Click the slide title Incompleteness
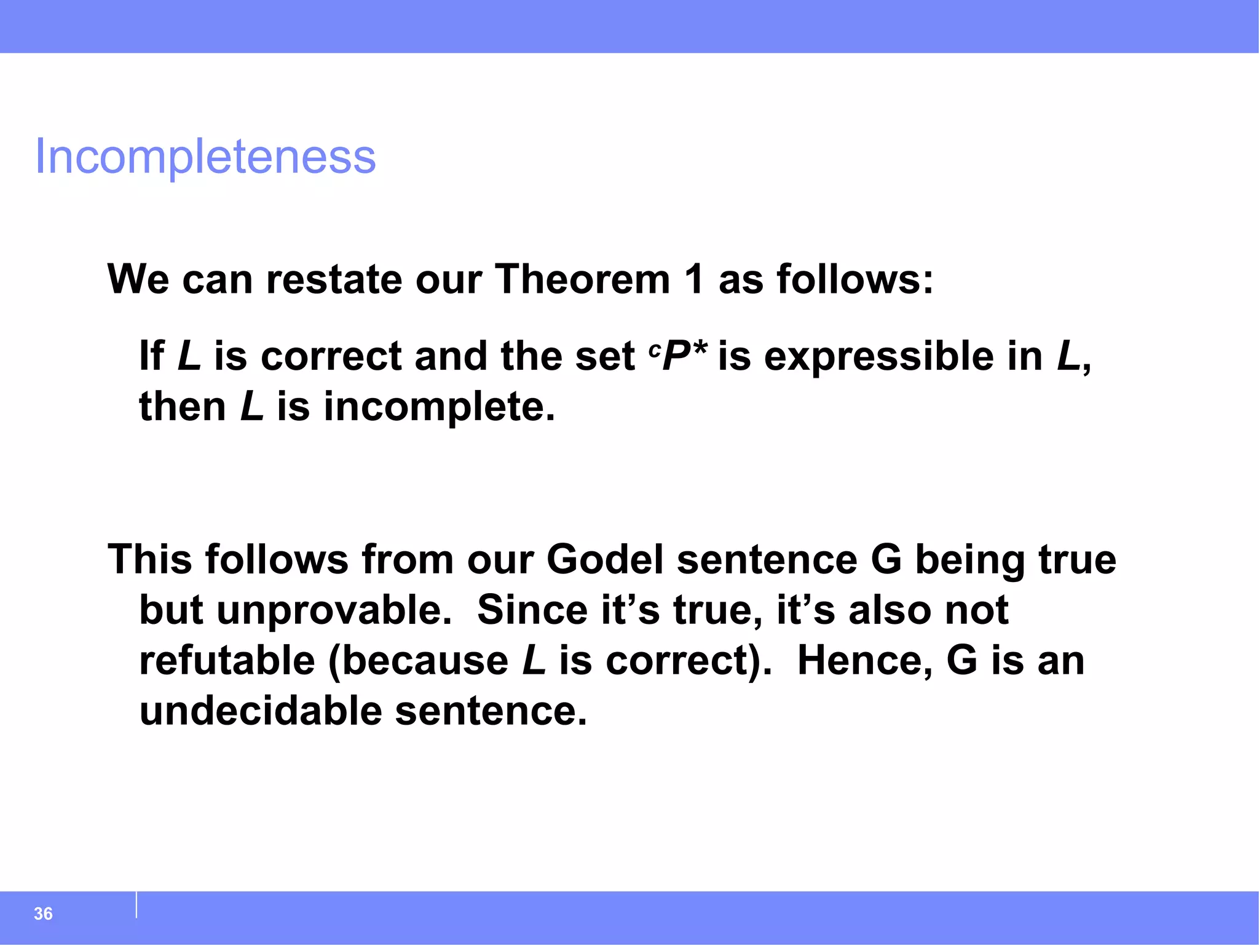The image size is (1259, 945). [x=205, y=157]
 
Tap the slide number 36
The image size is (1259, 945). [x=43, y=914]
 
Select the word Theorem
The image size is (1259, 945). [x=582, y=280]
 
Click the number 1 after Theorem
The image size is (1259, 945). [x=694, y=280]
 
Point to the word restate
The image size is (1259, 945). [x=334, y=280]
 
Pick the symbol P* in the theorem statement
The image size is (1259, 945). [x=684, y=356]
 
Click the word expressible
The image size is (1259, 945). [x=878, y=357]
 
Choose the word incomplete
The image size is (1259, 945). [x=439, y=407]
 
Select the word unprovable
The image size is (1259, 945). [x=334, y=610]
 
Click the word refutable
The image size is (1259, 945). [x=227, y=661]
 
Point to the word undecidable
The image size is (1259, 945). [x=261, y=712]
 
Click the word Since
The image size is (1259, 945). [x=532, y=610]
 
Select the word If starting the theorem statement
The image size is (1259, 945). [x=151, y=356]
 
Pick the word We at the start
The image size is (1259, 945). [x=138, y=280]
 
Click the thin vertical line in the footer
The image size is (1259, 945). [x=136, y=904]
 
